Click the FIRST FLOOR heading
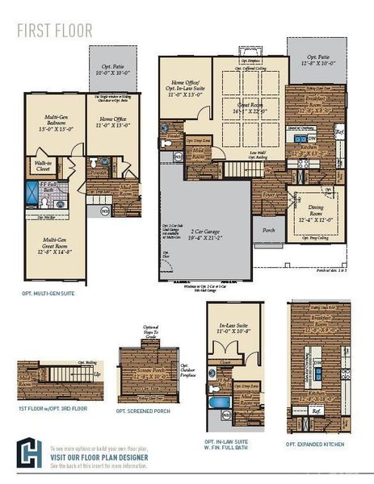pyautogui.click(x=55, y=31)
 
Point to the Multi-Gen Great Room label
pyautogui.click(x=56, y=244)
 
